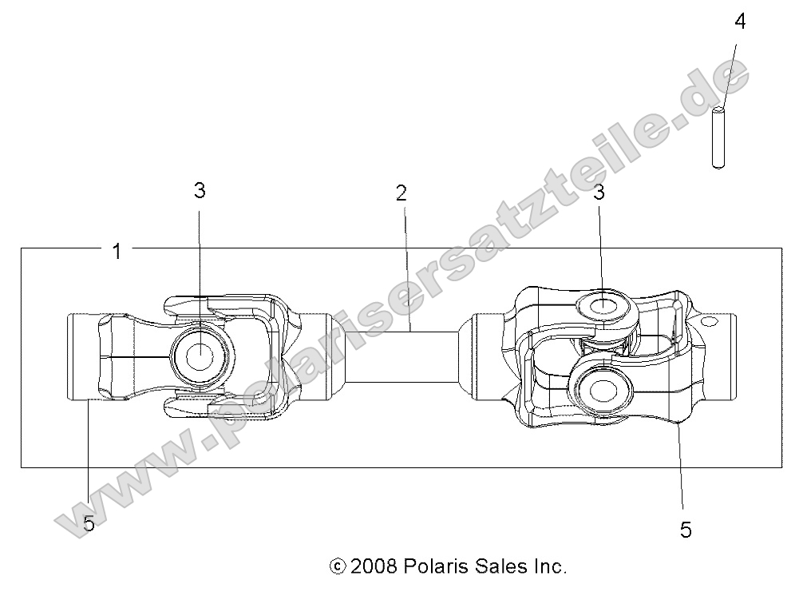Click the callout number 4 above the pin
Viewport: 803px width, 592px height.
(x=740, y=22)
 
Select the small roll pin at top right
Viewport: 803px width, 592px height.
(x=718, y=137)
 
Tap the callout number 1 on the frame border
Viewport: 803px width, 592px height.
(x=117, y=252)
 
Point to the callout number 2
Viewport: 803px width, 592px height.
(x=401, y=193)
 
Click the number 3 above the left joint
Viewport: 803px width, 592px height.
(x=200, y=190)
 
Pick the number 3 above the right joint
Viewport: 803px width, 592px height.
(x=598, y=193)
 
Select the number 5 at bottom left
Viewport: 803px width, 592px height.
(x=89, y=524)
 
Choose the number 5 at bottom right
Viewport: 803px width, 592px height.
(x=686, y=530)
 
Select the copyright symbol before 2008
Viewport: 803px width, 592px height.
(x=337, y=566)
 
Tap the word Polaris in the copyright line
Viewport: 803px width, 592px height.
(x=434, y=566)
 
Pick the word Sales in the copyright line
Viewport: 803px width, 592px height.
(x=497, y=566)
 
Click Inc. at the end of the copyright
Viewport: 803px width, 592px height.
(x=548, y=566)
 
